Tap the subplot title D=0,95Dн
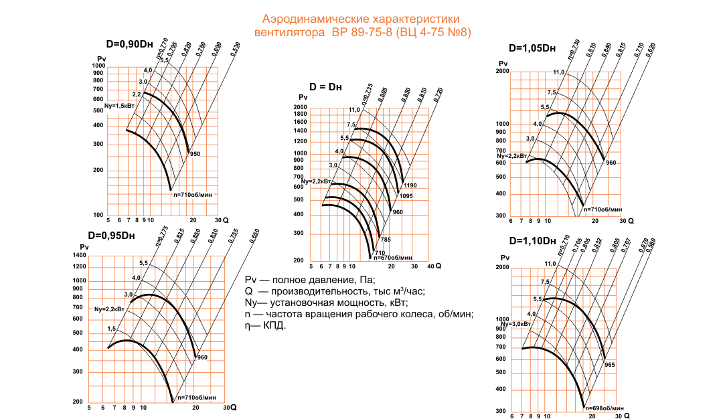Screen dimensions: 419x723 (111, 235)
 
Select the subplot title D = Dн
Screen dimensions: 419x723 (326, 87)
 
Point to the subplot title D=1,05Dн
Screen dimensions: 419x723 (532, 48)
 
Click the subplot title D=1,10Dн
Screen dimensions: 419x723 (532, 241)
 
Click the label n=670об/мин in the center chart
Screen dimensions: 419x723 (392, 257)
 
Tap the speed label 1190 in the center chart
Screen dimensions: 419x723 (411, 185)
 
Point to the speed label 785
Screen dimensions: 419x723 (385, 239)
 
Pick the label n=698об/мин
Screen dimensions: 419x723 (605, 408)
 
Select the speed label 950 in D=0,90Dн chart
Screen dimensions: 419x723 (195, 154)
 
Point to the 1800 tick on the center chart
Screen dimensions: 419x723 (299, 114)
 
